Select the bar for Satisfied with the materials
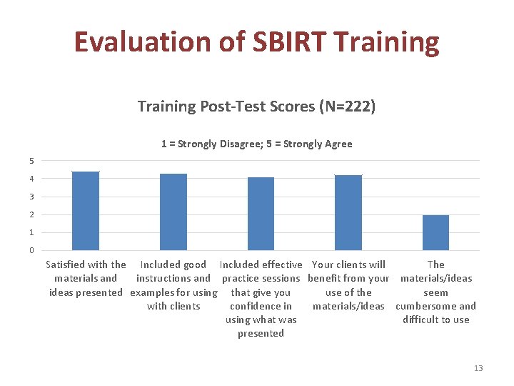(86, 211)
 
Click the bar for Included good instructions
(173, 212)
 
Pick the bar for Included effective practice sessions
(261, 214)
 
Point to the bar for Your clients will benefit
(348, 212)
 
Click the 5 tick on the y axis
(31, 160)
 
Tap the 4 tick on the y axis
(31, 178)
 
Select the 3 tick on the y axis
(31, 197)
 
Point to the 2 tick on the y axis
(31, 214)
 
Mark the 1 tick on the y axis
(31, 232)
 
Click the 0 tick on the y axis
(31, 250)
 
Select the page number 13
(478, 368)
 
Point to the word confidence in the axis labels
(261, 306)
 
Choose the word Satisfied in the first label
(68, 264)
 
